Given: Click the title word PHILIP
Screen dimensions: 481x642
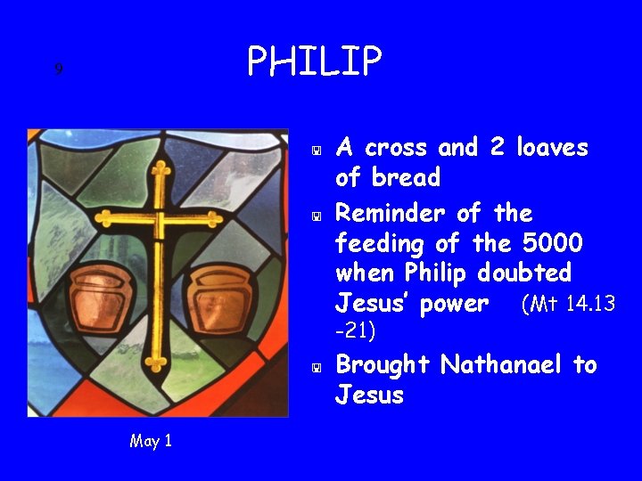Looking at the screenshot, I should (314, 61).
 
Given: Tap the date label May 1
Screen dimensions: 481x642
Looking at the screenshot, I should (151, 441).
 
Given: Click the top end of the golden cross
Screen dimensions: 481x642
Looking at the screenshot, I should (160, 167).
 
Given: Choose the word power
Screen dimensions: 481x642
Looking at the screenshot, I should (455, 305).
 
